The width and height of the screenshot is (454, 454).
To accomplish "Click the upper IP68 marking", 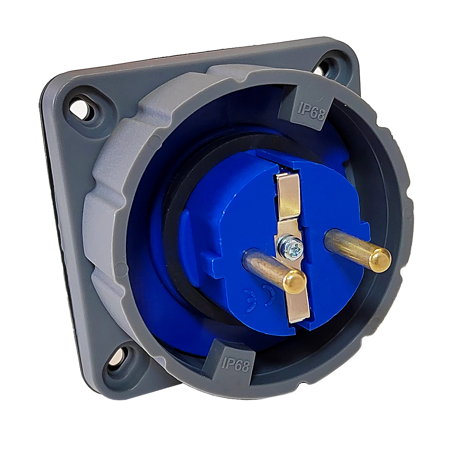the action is (311, 111).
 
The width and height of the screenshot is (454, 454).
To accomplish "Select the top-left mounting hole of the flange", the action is (80, 107).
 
